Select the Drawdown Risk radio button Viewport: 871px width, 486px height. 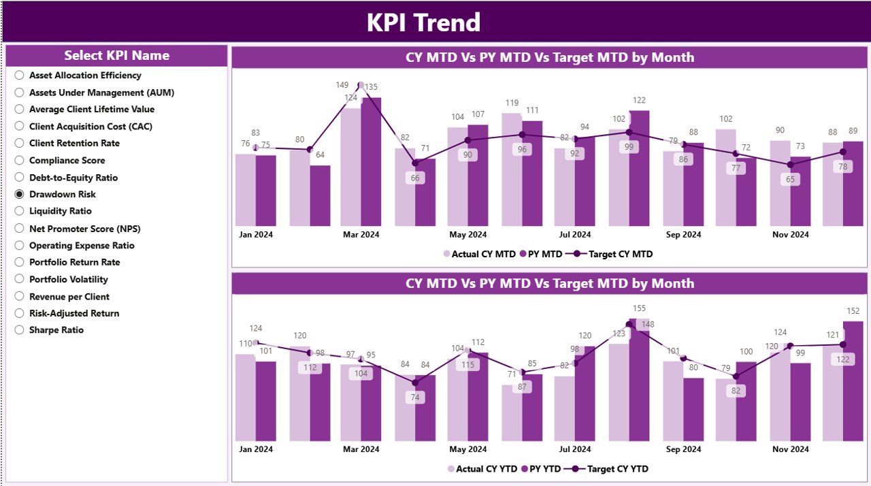coord(19,194)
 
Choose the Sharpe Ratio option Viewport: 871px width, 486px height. coord(19,330)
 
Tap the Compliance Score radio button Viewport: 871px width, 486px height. coord(19,161)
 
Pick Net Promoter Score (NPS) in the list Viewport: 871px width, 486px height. coord(19,229)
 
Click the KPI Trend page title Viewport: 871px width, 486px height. coord(423,22)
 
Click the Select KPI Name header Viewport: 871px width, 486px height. coord(116,56)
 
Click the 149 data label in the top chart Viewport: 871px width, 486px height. coord(342,85)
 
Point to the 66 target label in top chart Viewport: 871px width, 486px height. coord(414,178)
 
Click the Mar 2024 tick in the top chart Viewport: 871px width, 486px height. coord(361,235)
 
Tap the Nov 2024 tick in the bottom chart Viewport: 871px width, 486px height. coord(790,449)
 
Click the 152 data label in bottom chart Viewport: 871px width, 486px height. coord(853,311)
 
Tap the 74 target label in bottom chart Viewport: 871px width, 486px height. coord(414,398)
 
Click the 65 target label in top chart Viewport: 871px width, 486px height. coord(790,180)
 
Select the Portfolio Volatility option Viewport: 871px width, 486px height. coord(19,279)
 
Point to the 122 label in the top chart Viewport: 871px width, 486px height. coord(639,100)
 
